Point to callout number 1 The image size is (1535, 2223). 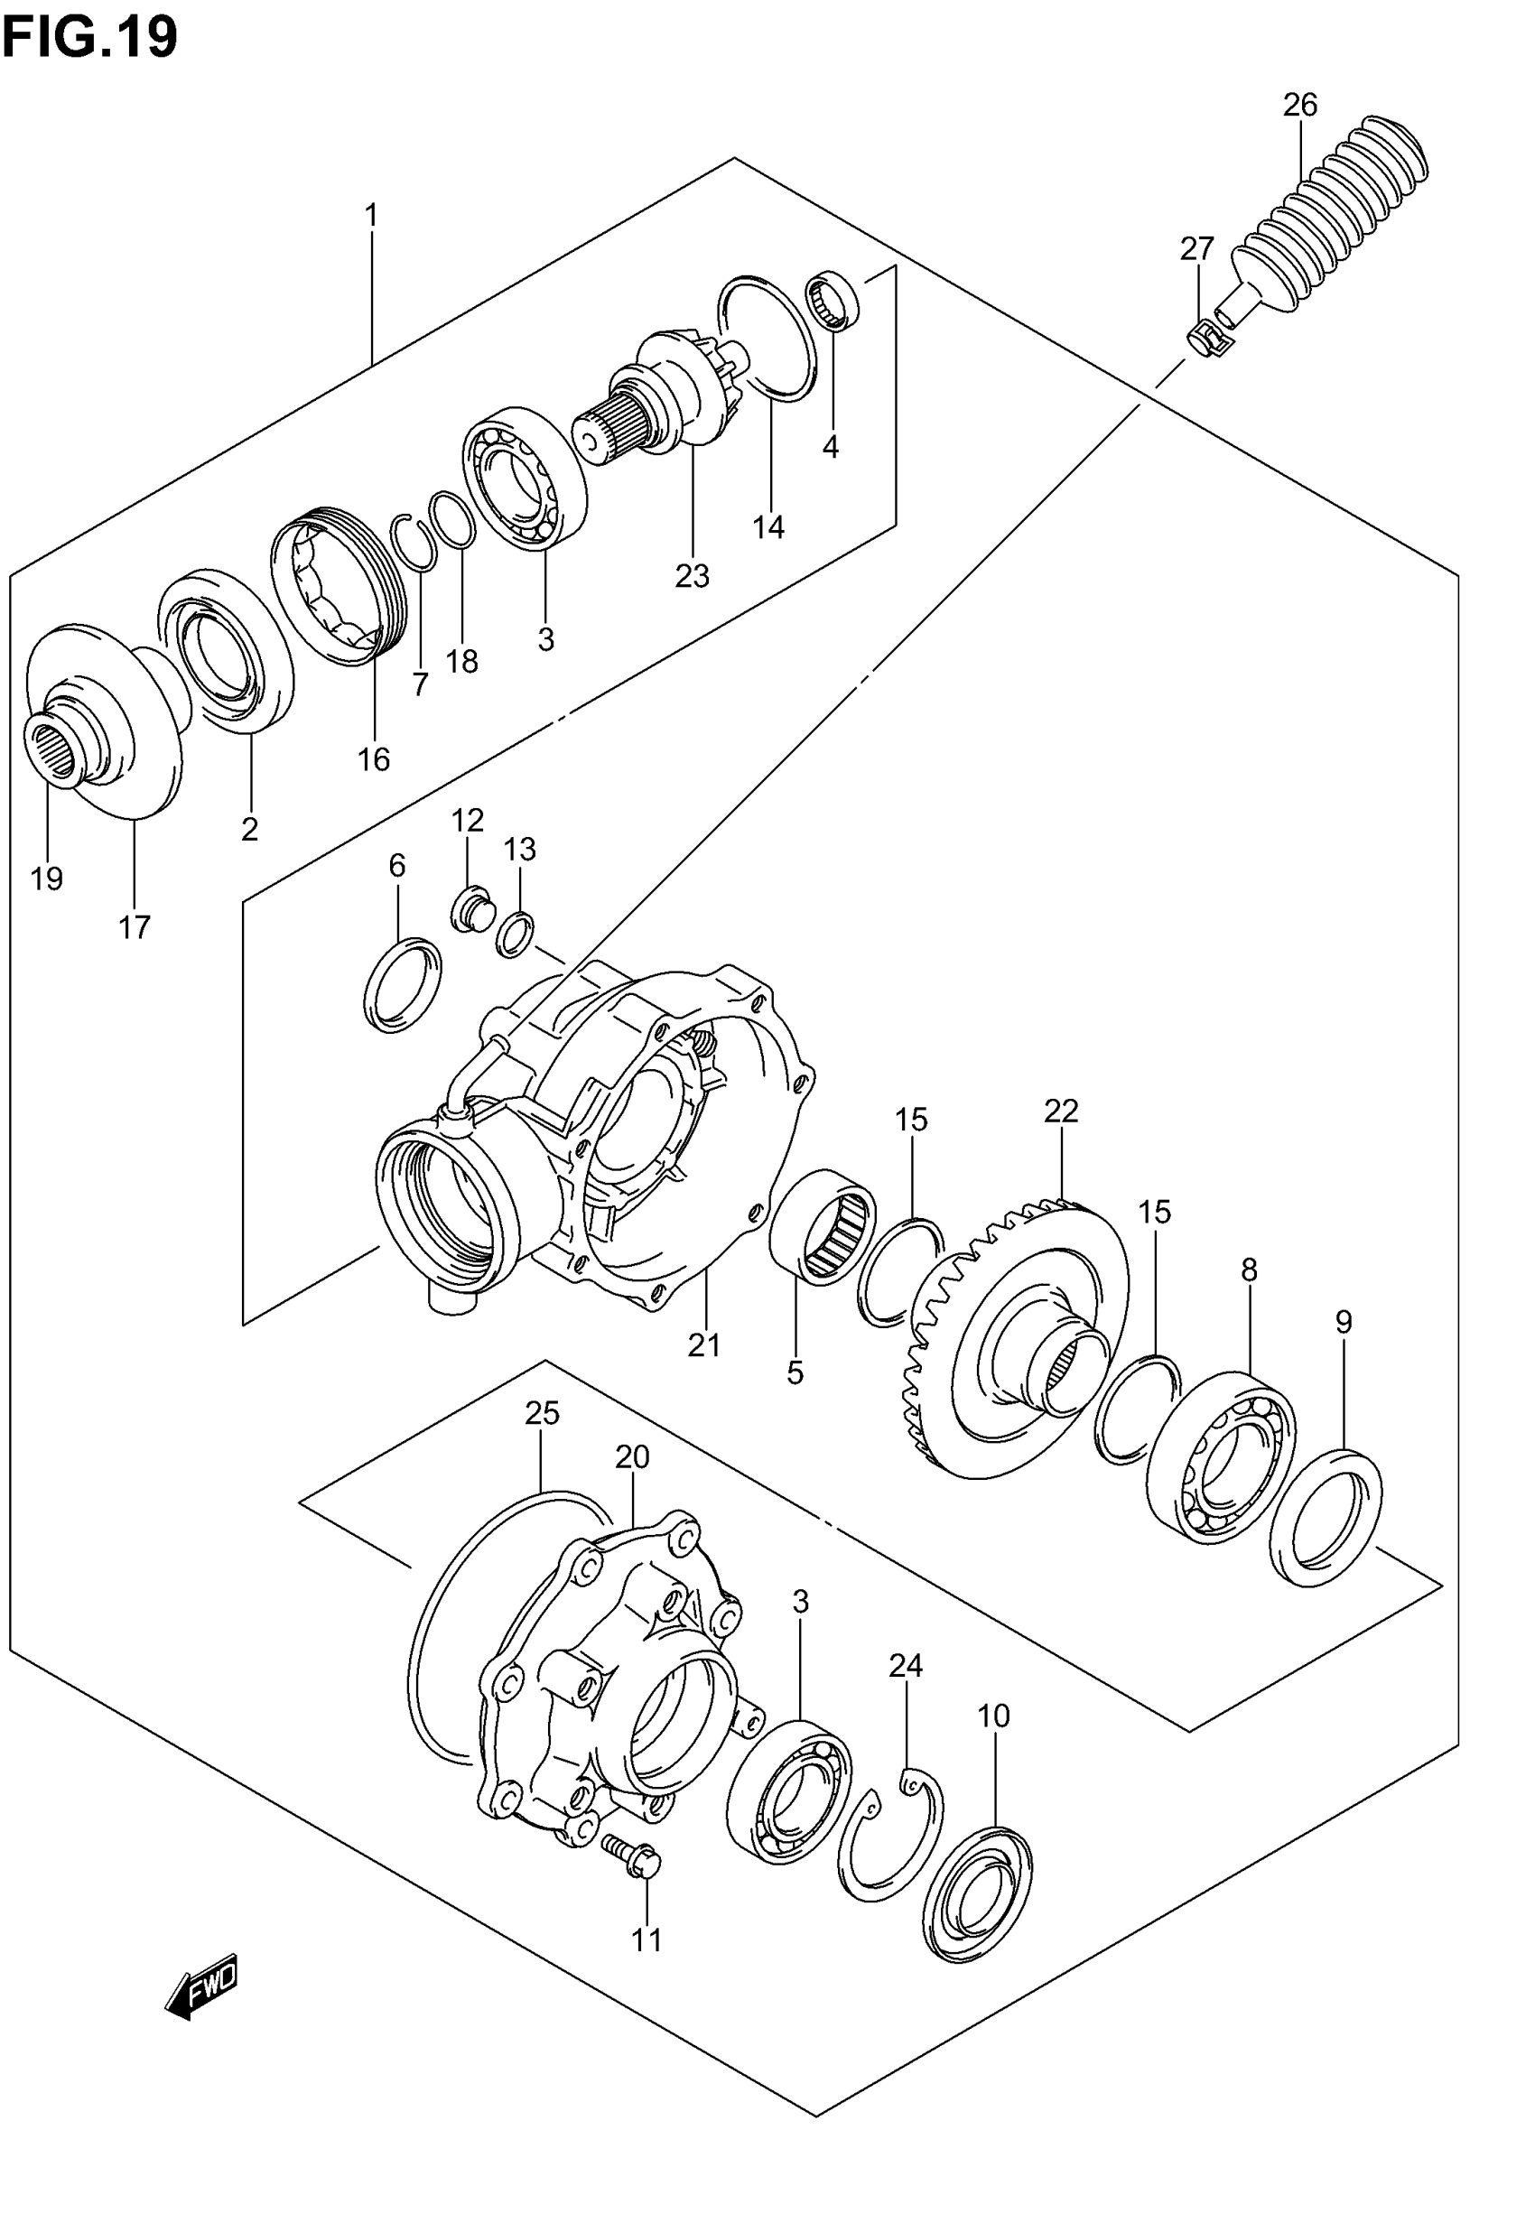[371, 214]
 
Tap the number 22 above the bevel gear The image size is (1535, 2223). [1061, 1111]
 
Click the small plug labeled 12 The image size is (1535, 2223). [471, 908]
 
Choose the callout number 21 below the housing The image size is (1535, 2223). [704, 1345]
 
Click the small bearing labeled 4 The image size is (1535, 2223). [833, 299]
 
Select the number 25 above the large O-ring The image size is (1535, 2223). [543, 1412]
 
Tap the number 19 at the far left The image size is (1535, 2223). [46, 878]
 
